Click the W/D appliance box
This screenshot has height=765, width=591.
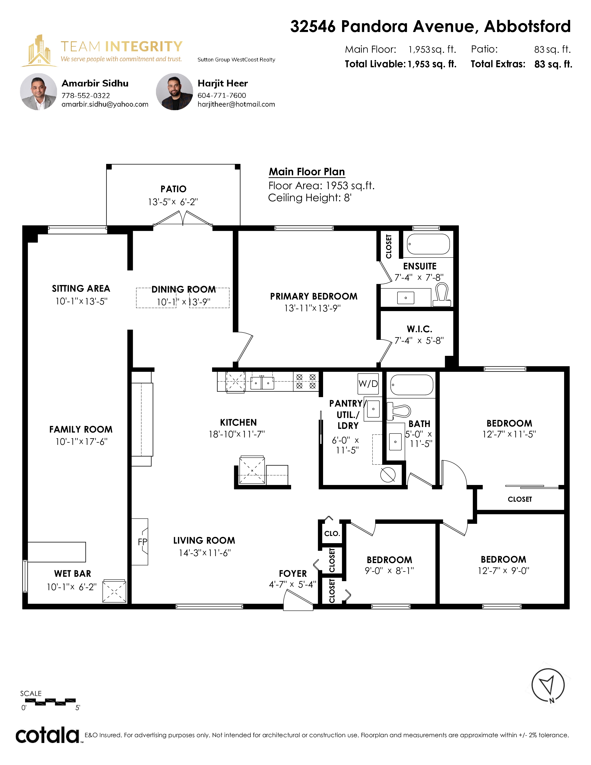368,384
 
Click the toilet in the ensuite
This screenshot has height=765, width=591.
442,295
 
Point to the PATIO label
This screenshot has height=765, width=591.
173,189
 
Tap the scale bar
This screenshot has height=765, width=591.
51,702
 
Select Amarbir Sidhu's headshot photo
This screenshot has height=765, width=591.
38,92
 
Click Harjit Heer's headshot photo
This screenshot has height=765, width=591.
174,92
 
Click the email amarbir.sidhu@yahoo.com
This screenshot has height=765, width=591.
105,104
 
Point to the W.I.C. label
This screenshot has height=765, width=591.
419,329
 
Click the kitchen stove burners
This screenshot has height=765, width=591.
306,381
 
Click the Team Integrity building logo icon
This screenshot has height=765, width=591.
39,51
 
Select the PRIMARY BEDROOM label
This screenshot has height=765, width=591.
314,296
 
